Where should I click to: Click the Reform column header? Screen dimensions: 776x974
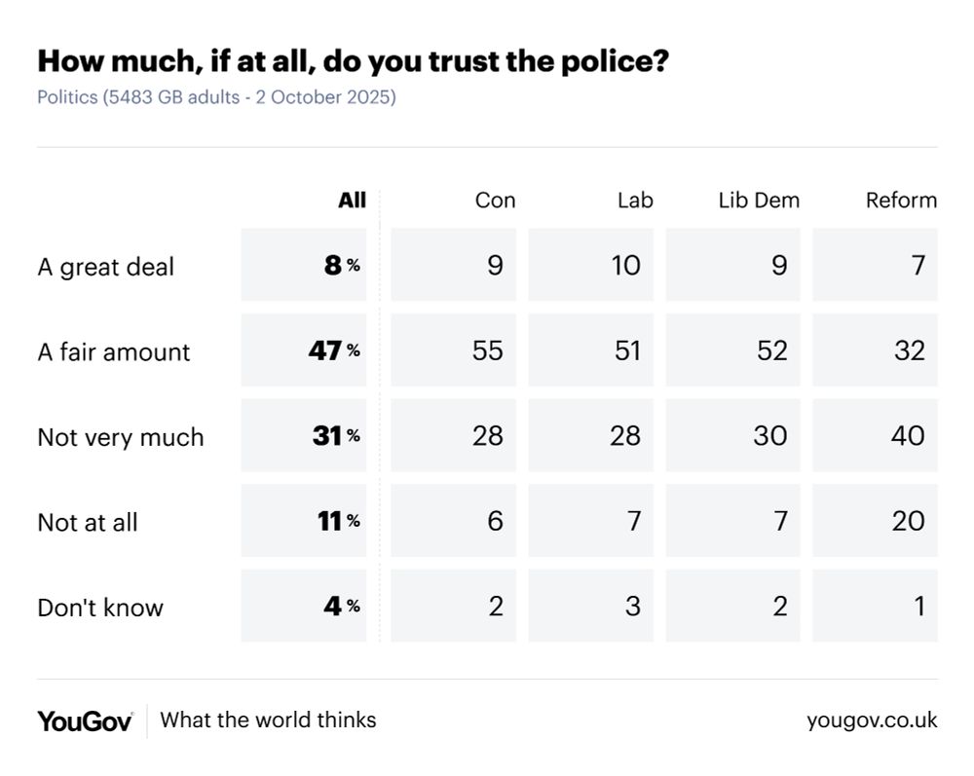tap(901, 201)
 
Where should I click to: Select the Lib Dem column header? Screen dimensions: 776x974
tap(759, 201)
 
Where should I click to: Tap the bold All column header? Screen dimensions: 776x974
tap(352, 201)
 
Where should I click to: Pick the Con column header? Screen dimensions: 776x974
tap(495, 201)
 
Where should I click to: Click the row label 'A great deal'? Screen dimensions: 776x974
tap(105, 267)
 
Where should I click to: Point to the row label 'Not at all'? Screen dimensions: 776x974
tap(88, 522)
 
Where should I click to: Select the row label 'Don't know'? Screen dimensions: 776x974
tap(100, 608)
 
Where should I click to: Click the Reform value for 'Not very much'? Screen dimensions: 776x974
tap(908, 435)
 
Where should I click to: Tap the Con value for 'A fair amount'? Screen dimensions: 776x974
tap(487, 351)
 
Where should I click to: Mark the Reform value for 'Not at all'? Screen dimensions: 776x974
tap(908, 521)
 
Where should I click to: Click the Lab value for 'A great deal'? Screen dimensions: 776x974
tap(626, 265)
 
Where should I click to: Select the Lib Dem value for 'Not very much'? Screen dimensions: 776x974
tap(769, 435)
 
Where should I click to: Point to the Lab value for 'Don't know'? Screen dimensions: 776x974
tap(633, 606)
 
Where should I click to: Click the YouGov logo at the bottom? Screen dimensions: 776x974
tap(85, 721)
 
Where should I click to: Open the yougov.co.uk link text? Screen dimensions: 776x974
tap(872, 721)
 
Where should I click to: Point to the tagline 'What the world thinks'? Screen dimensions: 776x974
tap(268, 721)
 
